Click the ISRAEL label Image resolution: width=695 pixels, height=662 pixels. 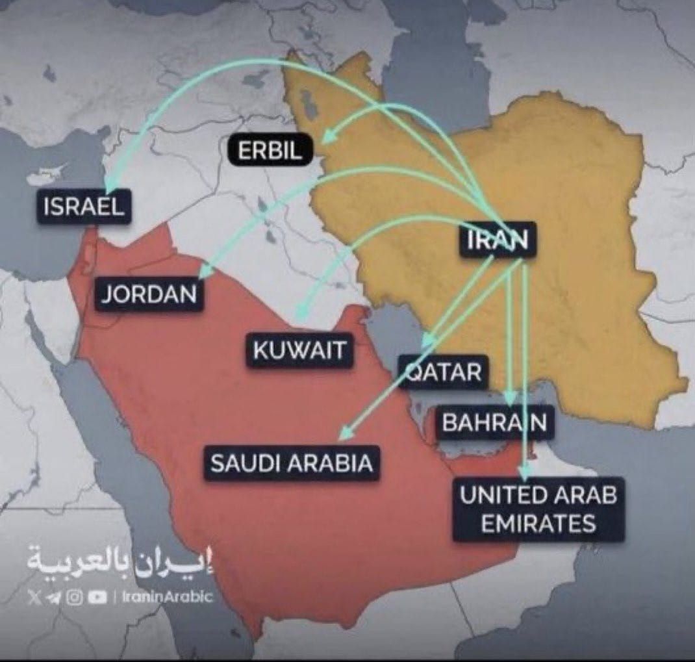coord(83,207)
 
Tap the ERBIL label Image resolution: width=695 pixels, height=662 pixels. coord(270,151)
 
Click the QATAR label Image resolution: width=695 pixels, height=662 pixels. coord(444,372)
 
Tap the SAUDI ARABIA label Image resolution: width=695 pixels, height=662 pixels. coord(292,463)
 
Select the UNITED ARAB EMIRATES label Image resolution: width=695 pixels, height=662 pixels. coord(538,509)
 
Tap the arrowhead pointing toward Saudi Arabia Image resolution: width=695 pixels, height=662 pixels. coord(347,432)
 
